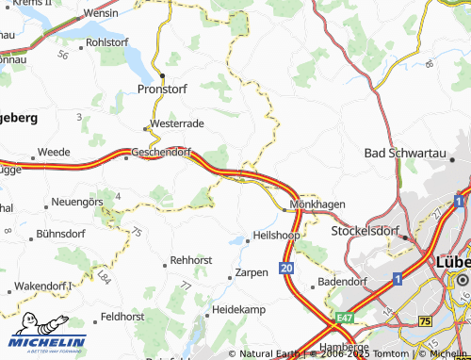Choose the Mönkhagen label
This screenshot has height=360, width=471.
pos(317,204)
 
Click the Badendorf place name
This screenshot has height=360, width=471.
pos(345,280)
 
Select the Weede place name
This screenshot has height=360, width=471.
pos(53,152)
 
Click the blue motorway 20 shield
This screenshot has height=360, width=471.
pos(287,269)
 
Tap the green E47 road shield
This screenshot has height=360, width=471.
pos(345,319)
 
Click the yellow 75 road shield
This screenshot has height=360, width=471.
pos(425,321)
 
